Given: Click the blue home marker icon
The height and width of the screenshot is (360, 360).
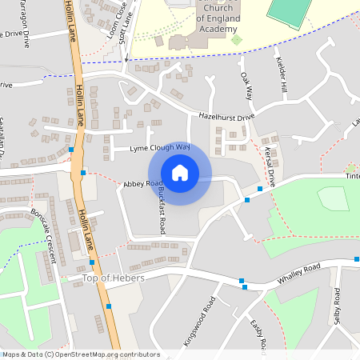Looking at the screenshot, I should coord(180,173).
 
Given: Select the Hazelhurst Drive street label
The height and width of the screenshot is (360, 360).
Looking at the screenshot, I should coord(226,117).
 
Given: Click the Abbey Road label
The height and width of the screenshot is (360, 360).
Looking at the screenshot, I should coord(138,184).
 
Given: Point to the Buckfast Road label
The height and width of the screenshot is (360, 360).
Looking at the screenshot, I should coord(161,205).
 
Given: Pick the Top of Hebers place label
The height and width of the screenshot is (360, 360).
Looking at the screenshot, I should coord(113,278).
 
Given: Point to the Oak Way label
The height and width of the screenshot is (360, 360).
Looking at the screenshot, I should coord(246,86).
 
